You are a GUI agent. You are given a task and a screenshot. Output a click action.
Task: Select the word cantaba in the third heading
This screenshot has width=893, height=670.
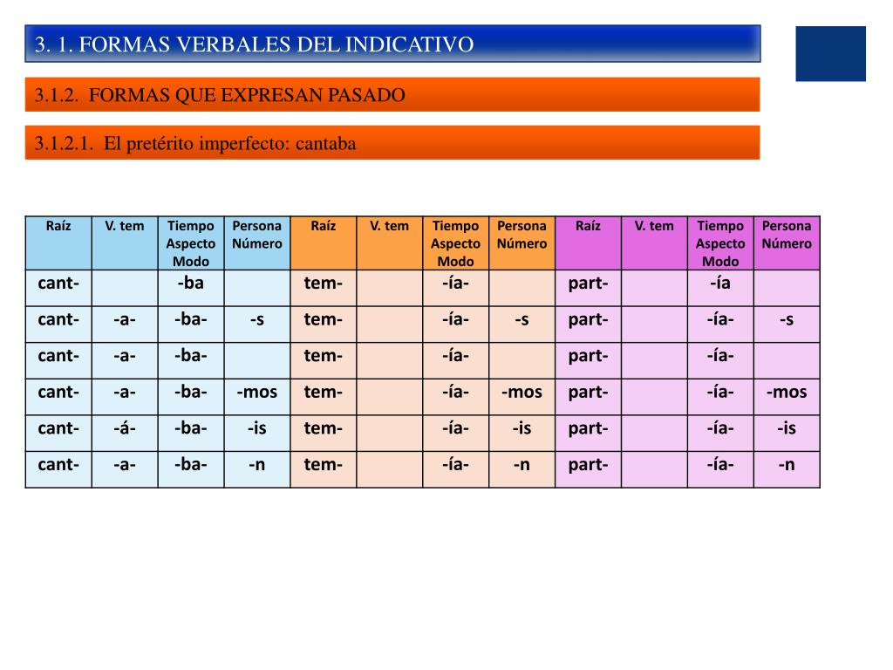(326, 144)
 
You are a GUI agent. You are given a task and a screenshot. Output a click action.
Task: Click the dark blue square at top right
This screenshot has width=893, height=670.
(830, 53)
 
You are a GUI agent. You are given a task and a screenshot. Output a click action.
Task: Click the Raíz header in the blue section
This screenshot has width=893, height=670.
(58, 226)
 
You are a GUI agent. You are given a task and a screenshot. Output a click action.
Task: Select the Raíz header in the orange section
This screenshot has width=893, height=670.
(323, 226)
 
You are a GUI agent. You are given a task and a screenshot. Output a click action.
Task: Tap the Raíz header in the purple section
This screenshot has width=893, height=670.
(588, 226)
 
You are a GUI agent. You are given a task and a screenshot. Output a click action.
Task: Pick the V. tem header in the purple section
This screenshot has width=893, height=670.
(654, 226)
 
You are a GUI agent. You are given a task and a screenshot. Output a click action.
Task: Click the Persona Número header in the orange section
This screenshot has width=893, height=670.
(521, 235)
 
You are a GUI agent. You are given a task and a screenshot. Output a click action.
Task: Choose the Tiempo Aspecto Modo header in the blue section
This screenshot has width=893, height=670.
(191, 243)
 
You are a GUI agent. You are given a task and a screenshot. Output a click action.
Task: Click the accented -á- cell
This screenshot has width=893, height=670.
(125, 427)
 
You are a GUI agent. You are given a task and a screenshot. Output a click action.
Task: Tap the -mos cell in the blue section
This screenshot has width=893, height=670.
(257, 392)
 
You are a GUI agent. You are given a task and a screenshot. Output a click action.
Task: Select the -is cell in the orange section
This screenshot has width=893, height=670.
(521, 427)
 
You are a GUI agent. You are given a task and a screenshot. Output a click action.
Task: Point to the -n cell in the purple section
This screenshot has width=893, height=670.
(787, 464)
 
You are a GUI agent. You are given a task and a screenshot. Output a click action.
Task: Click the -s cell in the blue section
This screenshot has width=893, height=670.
(257, 319)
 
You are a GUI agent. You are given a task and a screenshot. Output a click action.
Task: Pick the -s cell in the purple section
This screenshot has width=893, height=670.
(787, 319)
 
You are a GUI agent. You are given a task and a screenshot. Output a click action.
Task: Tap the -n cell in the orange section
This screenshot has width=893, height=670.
(521, 464)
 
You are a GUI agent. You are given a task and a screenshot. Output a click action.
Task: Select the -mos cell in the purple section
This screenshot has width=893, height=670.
(787, 392)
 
